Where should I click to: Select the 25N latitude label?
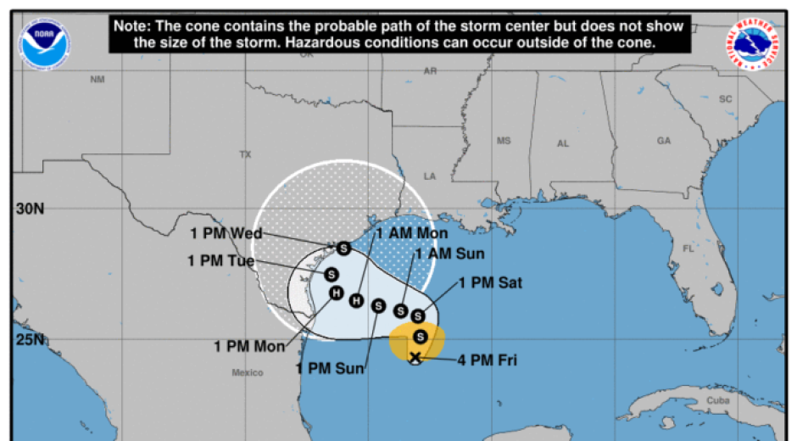(29, 340)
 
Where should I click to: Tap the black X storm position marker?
(415, 358)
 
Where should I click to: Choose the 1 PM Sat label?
(490, 283)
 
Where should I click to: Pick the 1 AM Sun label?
(449, 253)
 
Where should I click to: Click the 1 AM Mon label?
(412, 232)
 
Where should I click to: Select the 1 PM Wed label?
(225, 233)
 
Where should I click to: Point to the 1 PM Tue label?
(221, 260)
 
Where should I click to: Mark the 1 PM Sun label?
(331, 367)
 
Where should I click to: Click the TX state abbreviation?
(246, 154)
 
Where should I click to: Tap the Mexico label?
(248, 372)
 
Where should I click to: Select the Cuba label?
(717, 401)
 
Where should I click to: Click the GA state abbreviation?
(663, 141)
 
